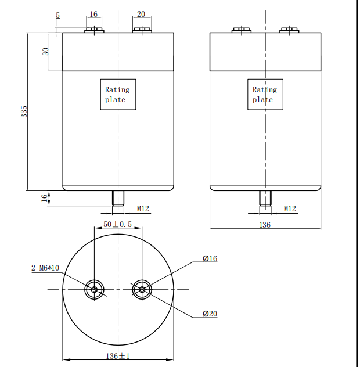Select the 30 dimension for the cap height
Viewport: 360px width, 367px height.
click(x=45, y=51)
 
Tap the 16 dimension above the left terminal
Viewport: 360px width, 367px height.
click(x=93, y=15)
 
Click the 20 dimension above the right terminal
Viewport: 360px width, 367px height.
click(x=141, y=15)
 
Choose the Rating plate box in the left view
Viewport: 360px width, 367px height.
click(x=118, y=95)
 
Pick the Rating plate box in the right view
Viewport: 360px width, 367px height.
click(x=265, y=95)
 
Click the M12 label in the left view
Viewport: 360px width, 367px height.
click(x=143, y=208)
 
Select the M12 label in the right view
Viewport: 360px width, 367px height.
click(x=290, y=208)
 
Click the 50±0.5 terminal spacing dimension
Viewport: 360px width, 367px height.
click(x=117, y=224)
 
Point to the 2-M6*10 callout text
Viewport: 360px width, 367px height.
click(x=45, y=268)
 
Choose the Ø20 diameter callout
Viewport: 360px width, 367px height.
click(x=210, y=314)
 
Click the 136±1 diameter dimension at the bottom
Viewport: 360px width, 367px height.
click(x=117, y=355)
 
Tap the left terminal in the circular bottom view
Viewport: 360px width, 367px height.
click(x=94, y=289)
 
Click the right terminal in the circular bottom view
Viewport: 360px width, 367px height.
click(x=141, y=289)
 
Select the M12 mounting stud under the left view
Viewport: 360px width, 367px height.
click(x=118, y=198)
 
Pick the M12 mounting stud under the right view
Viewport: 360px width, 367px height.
click(x=265, y=198)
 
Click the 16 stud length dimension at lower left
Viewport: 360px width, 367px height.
click(x=44, y=198)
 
